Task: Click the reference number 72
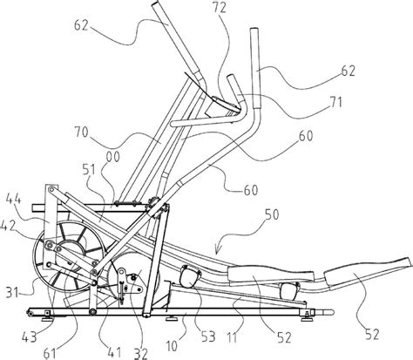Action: (x=220, y=8)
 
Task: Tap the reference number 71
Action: (x=335, y=103)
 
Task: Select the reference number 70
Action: (x=81, y=132)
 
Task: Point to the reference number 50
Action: (x=272, y=214)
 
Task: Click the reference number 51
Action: (x=89, y=170)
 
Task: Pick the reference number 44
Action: (x=13, y=200)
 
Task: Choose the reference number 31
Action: (x=12, y=292)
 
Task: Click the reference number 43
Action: (x=30, y=337)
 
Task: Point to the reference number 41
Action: (x=114, y=352)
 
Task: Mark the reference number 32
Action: (x=140, y=354)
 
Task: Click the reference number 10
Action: (x=173, y=346)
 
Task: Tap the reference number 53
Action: (x=208, y=336)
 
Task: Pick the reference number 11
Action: (x=232, y=337)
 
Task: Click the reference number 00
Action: (x=113, y=157)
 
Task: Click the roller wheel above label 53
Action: (x=190, y=275)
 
